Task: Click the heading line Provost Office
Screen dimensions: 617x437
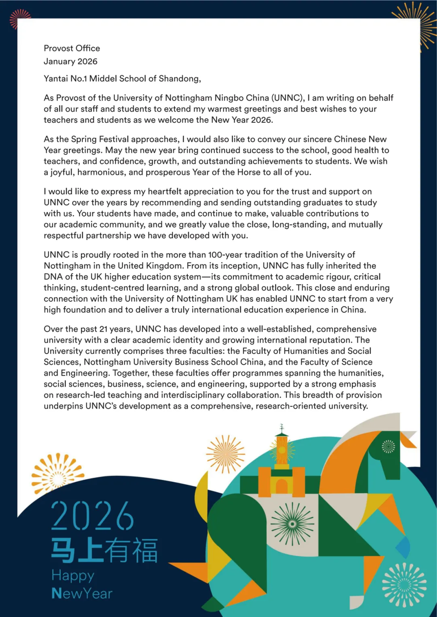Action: pos(72,48)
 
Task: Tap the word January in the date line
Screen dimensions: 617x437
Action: pos(59,61)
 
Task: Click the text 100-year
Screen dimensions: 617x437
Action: pos(224,255)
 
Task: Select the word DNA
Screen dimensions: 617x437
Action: pos(53,277)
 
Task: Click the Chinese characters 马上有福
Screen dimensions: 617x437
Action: pos(104,550)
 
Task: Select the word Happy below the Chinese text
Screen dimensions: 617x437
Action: pos(73,575)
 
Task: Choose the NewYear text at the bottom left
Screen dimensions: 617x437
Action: pos(82,593)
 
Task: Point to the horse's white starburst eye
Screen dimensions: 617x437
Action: pos(388,446)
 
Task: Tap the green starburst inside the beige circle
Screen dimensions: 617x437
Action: pos(292,524)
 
